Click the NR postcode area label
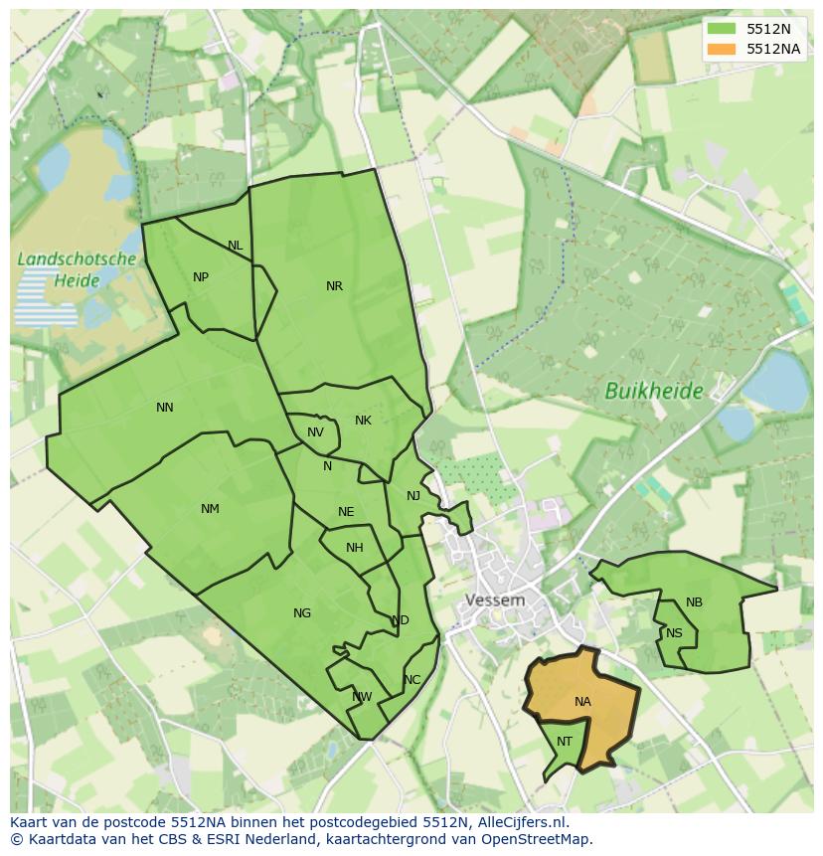pyautogui.click(x=334, y=286)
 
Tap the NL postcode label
pyautogui.click(x=235, y=246)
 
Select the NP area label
pyautogui.click(x=201, y=277)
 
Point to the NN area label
pyautogui.click(x=165, y=407)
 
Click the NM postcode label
pyautogui.click(x=210, y=509)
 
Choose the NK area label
pyautogui.click(x=363, y=421)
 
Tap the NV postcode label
pyautogui.click(x=315, y=432)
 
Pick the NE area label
pyautogui.click(x=346, y=512)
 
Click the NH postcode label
pyautogui.click(x=355, y=548)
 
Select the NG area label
pyautogui.click(x=302, y=613)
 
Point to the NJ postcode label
pyautogui.click(x=413, y=496)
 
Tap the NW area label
pyautogui.click(x=362, y=697)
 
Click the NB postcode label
pyautogui.click(x=694, y=602)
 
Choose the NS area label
pyautogui.click(x=674, y=633)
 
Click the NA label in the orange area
pyautogui.click(x=582, y=702)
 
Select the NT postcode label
pyautogui.click(x=565, y=742)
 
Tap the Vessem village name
pyautogui.click(x=495, y=600)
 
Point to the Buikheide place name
pyautogui.click(x=654, y=392)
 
